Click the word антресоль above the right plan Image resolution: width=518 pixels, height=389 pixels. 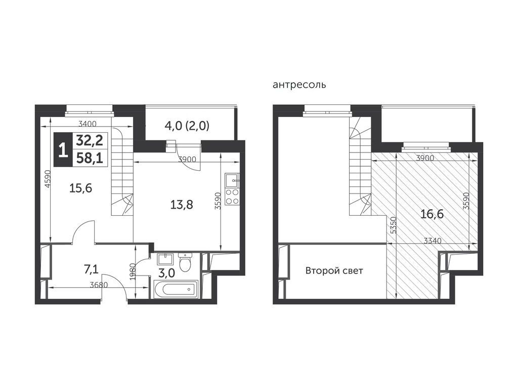tap(299, 85)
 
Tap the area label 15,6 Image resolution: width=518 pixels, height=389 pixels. tap(80, 188)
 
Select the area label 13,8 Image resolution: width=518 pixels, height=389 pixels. tap(182, 205)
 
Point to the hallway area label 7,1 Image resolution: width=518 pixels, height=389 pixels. tap(91, 269)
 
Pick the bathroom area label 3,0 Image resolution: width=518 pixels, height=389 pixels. tap(167, 273)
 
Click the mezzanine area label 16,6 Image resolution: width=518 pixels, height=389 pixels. tap(432, 214)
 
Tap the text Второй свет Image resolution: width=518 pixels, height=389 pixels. tap(334, 271)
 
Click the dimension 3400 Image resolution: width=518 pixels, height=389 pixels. tap(87, 124)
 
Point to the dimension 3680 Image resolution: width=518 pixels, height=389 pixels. tap(99, 285)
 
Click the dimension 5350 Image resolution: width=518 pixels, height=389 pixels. tap(393, 225)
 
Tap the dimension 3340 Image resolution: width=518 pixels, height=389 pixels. tap(433, 241)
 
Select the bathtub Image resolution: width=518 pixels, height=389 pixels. tap(176, 290)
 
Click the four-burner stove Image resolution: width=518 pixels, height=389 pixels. tap(232, 197)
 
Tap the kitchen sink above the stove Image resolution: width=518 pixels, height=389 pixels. tap(232, 180)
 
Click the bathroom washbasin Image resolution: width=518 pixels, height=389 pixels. tap(164, 258)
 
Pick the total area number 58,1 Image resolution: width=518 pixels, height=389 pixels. tap(90, 159)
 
